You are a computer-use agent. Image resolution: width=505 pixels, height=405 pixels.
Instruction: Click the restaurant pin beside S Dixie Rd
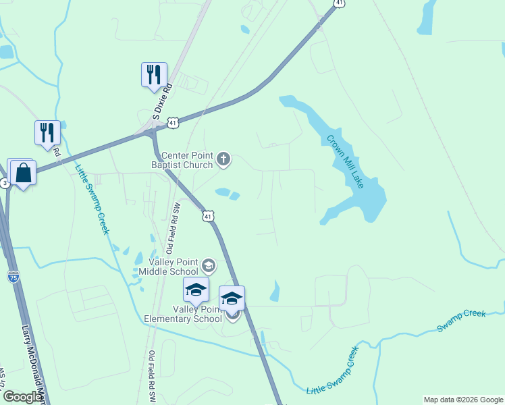point(154,74)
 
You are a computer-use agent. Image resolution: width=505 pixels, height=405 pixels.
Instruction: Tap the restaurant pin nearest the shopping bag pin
point(47,132)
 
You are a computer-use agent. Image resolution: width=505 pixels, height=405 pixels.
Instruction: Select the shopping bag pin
point(23,173)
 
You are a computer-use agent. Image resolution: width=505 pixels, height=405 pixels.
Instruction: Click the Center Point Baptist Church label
point(186,160)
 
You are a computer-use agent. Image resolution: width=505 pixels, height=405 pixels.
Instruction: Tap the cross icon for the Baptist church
point(223,160)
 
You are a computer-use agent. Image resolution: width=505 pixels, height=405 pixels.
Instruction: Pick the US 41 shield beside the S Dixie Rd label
point(174,123)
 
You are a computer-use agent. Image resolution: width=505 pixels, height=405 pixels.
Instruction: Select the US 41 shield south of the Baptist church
point(208,216)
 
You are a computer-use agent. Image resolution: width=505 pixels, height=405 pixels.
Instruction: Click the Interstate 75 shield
point(14,276)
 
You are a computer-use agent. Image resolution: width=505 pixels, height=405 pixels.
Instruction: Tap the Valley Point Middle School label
point(169,267)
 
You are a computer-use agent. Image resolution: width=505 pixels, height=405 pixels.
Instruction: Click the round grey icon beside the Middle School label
point(208,265)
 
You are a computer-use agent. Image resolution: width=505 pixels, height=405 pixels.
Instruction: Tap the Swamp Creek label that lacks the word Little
point(461,320)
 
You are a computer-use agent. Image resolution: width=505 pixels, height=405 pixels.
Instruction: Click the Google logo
point(23,397)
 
